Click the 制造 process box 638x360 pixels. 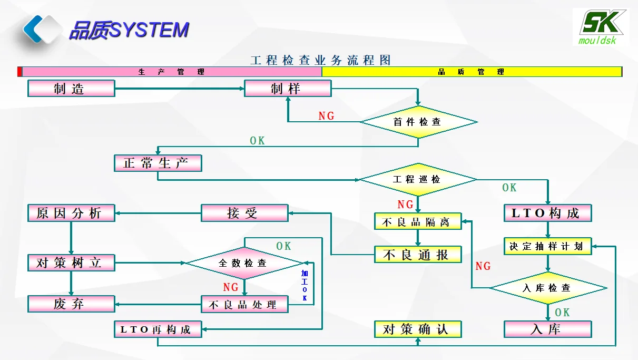(x=71, y=89)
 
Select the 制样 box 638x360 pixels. (x=288, y=89)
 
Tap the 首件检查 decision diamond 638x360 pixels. (x=418, y=122)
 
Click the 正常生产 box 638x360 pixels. (x=158, y=163)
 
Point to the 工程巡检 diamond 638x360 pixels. (x=418, y=180)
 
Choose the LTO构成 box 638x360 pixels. (x=548, y=213)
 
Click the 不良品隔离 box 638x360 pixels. (x=418, y=221)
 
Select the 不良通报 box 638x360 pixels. (x=418, y=255)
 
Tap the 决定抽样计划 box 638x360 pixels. (x=548, y=246)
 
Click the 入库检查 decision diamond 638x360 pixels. (x=548, y=288)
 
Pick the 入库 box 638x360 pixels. (x=548, y=329)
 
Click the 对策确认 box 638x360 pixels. (x=418, y=329)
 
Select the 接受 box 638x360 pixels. (x=244, y=213)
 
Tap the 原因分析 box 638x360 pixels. (x=71, y=213)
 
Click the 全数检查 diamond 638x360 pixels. (x=244, y=262)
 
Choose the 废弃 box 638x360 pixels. (x=71, y=304)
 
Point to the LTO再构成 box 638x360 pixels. (x=158, y=329)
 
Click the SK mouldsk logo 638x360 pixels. (x=600, y=26)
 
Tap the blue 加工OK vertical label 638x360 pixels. (x=305, y=286)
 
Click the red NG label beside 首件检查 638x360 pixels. (x=327, y=116)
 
